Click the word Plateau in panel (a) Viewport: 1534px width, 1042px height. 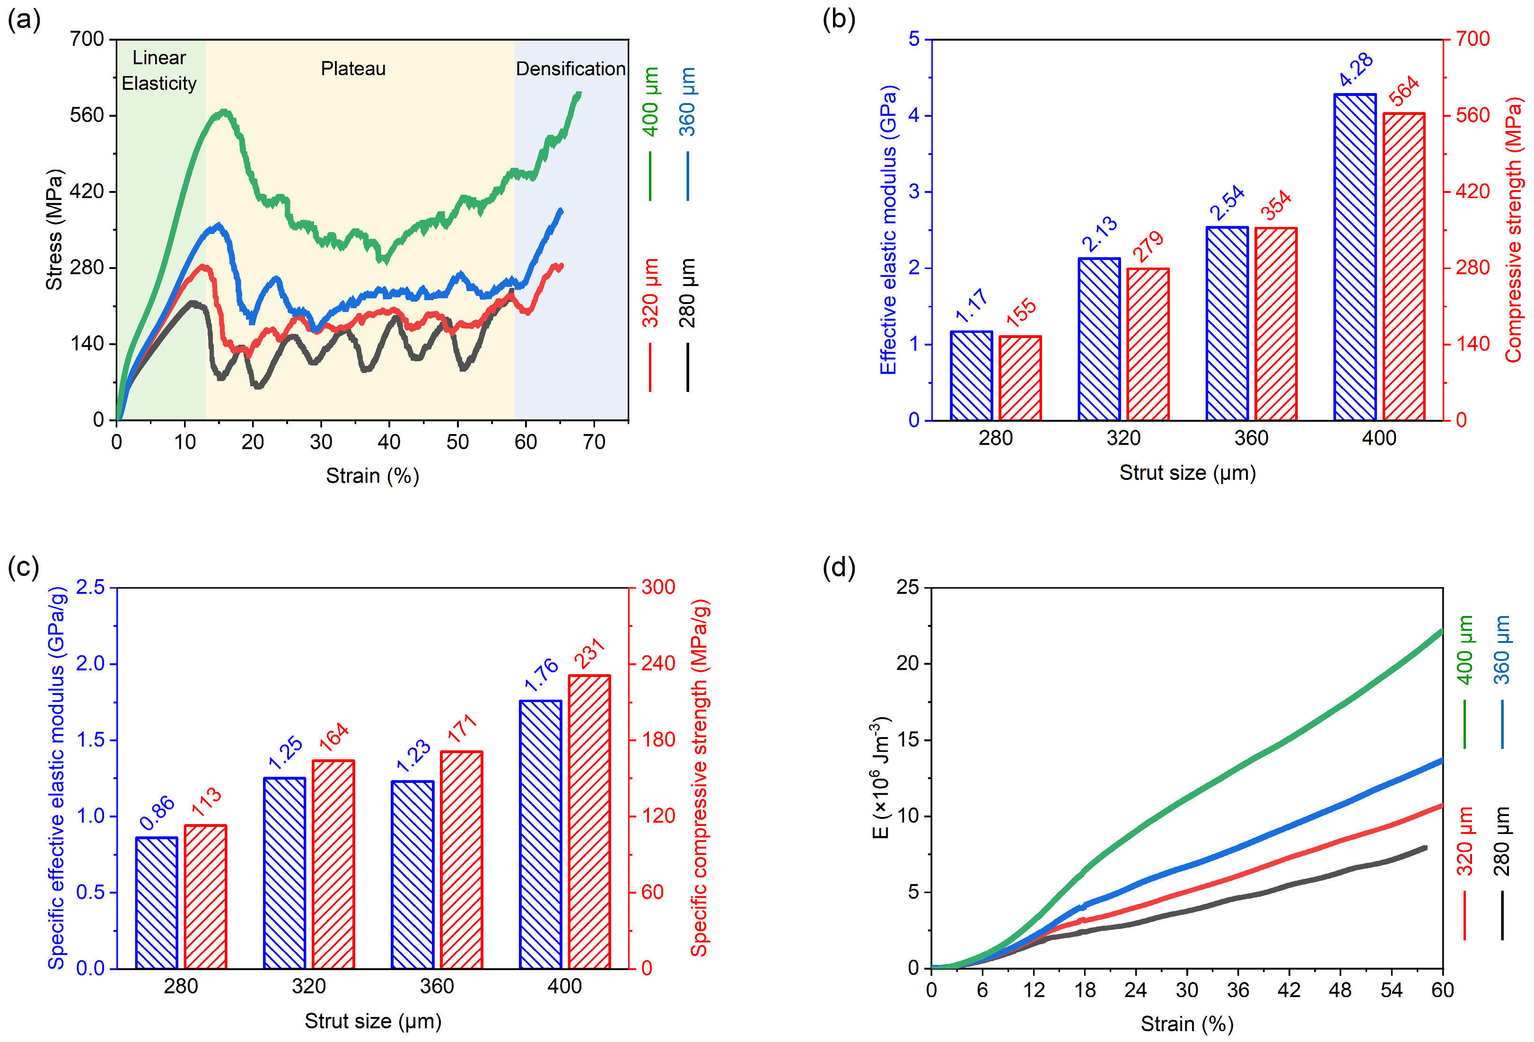pos(353,69)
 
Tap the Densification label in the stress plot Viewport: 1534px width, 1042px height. pos(570,69)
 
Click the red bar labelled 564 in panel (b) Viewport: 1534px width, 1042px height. pos(1403,267)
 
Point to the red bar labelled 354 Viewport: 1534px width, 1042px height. pos(1275,324)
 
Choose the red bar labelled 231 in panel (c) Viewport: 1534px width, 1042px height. pos(589,822)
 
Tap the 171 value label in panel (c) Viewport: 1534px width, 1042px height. pos(462,729)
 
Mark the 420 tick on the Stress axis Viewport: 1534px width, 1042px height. pos(87,191)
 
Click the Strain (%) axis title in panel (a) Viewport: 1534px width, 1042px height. pos(372,476)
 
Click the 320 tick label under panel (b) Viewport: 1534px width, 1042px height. pos(1123,438)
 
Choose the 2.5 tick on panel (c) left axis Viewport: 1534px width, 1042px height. pos(90,587)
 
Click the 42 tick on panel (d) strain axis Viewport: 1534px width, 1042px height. pos(1289,990)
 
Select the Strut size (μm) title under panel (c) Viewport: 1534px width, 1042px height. pos(373,1021)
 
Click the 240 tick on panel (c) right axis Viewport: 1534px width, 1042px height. pos(658,663)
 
